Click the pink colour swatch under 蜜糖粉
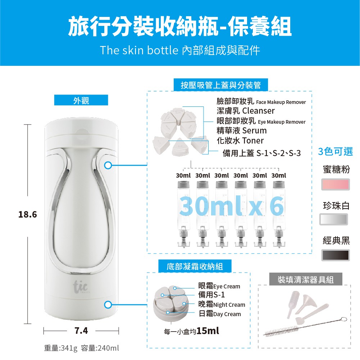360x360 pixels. [336, 184]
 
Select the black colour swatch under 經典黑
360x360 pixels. [336, 255]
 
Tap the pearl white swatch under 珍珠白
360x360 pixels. [334, 219]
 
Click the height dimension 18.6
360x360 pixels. [28, 214]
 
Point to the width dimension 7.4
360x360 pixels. [81, 331]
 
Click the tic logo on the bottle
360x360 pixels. [81, 287]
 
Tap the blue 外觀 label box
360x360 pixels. [81, 100]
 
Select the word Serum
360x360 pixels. [254, 131]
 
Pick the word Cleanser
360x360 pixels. [259, 111]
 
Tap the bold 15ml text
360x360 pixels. [208, 331]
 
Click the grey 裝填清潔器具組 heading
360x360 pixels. [306, 279]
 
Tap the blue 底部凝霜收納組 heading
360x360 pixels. [195, 266]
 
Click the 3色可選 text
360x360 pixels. [336, 151]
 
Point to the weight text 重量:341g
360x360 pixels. [61, 348]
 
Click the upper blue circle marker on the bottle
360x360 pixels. [108, 165]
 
